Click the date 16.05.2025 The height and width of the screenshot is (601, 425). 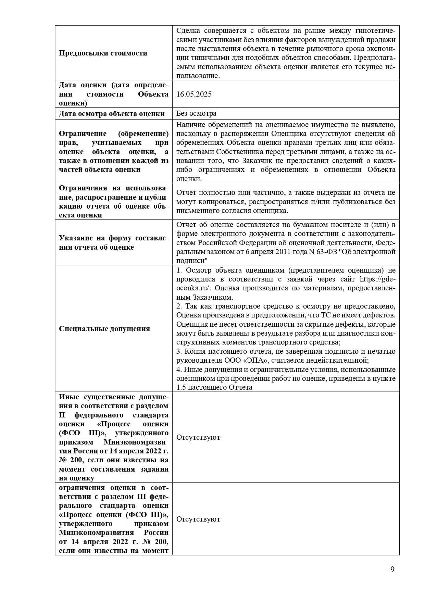pyautogui.click(x=194, y=94)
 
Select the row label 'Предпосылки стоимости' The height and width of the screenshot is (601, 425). pyautogui.click(x=103, y=53)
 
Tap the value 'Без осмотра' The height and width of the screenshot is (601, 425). pyautogui.click(x=196, y=113)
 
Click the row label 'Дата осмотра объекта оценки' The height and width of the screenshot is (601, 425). pyautogui.click(x=112, y=113)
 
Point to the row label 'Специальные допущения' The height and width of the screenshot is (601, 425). pyautogui.click(x=104, y=329)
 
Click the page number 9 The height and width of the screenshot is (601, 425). pyautogui.click(x=392, y=569)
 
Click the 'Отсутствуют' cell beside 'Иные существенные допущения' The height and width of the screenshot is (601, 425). pyautogui.click(x=198, y=437)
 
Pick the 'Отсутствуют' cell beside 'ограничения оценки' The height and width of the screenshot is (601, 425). pyautogui.click(x=198, y=519)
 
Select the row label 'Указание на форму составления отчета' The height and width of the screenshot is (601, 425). pyautogui.click(x=113, y=242)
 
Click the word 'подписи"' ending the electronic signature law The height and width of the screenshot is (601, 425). pyautogui.click(x=190, y=261)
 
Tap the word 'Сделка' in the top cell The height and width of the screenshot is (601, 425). pyautogui.click(x=188, y=31)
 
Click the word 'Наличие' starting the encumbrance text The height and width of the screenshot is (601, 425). pyautogui.click(x=190, y=125)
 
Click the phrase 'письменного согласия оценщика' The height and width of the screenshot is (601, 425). pyautogui.click(x=232, y=211)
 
